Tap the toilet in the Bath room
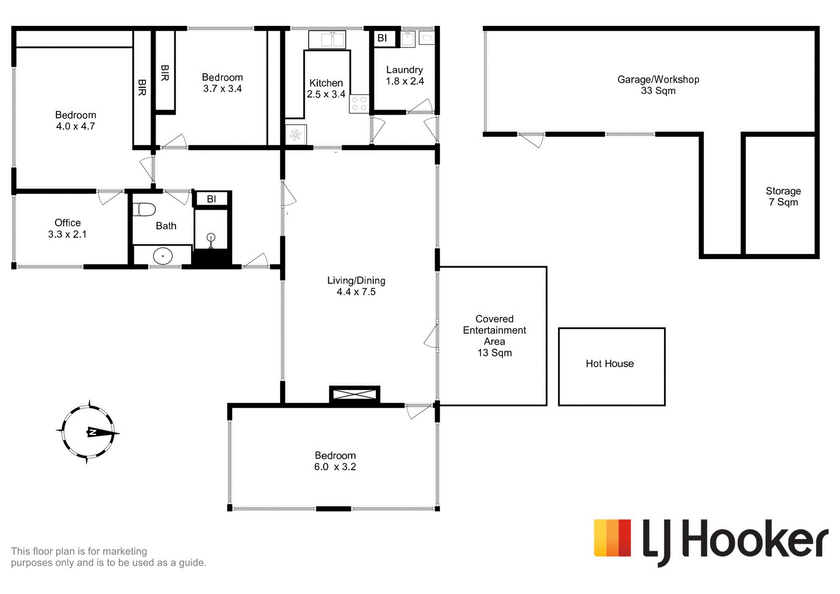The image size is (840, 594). coord(144,210)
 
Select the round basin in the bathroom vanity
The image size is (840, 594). coord(163,256)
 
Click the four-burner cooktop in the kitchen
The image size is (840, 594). coord(359,104)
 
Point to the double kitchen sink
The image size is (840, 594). coord(327,40)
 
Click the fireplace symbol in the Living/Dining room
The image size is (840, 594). coord(354,395)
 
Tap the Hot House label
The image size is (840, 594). coord(609,363)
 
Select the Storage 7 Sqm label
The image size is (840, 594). coord(783,196)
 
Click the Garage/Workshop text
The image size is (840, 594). coord(658,80)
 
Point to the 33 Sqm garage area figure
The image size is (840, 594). coord(658,91)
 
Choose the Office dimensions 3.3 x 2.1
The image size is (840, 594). coord(67,234)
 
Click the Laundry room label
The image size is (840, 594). coord(404,70)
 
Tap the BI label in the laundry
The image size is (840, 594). coord(382,38)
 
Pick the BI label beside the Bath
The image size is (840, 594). coord(211,199)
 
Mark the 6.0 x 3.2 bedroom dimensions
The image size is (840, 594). coord(335,467)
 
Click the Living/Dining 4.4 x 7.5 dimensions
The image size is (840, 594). coord(356,292)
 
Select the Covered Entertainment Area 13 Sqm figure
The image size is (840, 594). coord(494,353)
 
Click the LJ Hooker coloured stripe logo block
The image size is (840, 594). coord(612,538)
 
